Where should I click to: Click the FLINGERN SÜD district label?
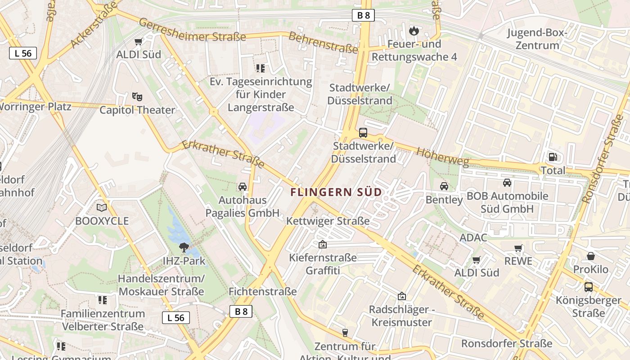336,192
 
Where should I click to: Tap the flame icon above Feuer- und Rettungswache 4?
414,31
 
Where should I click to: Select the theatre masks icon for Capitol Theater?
137,96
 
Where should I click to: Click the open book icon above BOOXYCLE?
102,207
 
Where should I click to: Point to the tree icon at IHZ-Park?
184,247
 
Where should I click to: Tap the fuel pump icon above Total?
553,157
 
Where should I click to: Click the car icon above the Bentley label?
444,186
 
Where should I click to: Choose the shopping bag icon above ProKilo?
591,256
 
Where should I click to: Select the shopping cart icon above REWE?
518,248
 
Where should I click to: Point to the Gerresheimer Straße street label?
192,30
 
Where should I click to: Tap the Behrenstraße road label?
323,42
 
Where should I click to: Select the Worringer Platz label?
35,107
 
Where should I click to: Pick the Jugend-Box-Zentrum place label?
537,39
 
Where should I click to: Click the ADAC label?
473,238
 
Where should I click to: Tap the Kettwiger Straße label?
328,221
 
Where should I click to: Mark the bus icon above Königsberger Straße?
588,287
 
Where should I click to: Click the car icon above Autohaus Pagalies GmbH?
243,187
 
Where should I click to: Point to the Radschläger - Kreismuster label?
401,316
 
